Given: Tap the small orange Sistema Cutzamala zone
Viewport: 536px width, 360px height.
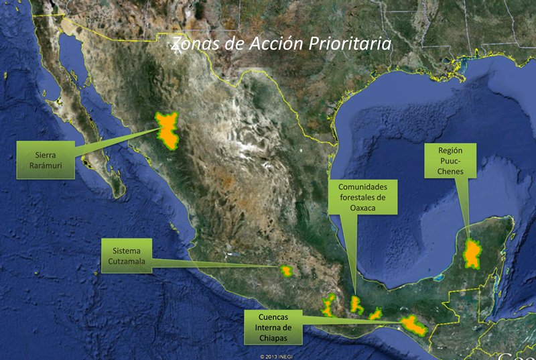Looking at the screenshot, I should [287, 271].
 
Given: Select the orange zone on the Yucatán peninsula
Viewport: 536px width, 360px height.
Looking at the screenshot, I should [474, 253].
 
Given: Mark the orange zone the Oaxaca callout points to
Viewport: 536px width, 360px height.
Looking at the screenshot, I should [355, 304].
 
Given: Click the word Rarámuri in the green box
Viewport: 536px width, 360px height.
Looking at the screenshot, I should [45, 165].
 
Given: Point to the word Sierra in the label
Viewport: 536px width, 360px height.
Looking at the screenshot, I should [45, 154].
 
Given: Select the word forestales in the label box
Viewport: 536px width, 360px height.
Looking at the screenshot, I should [362, 198].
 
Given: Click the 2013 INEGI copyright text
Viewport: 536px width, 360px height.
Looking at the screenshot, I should [278, 357].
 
